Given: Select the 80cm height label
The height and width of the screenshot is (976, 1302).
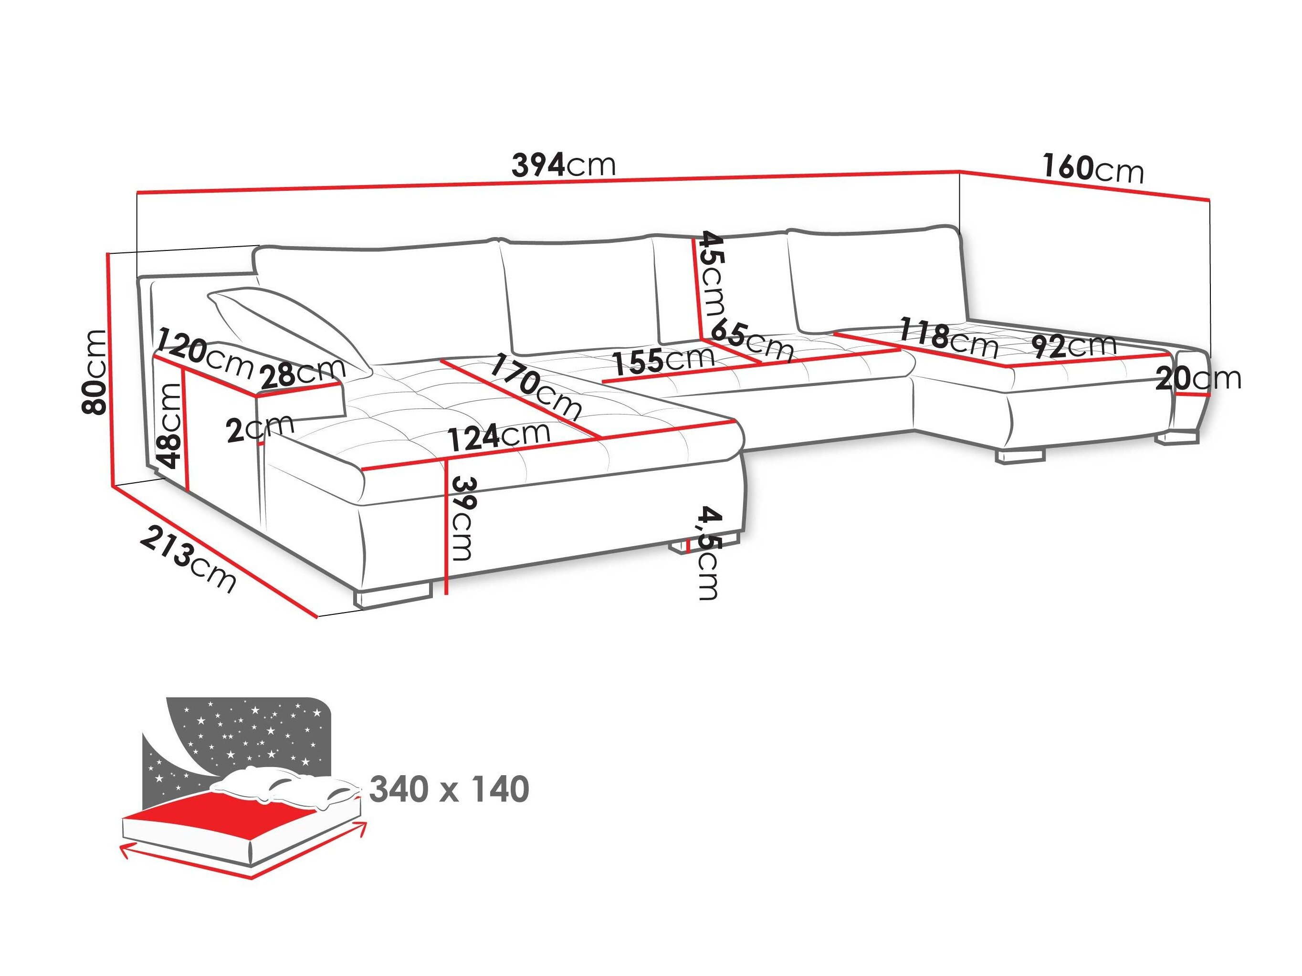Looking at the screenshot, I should click(95, 371).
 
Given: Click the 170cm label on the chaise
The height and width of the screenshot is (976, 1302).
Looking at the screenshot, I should click(535, 385).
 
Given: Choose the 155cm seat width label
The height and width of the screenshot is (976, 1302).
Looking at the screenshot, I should click(663, 360).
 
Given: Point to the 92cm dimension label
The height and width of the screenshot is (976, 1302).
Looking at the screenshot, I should click(1075, 346).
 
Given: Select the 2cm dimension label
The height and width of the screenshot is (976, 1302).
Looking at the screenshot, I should click(260, 428).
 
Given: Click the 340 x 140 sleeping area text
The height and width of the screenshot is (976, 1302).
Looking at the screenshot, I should click(449, 789).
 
